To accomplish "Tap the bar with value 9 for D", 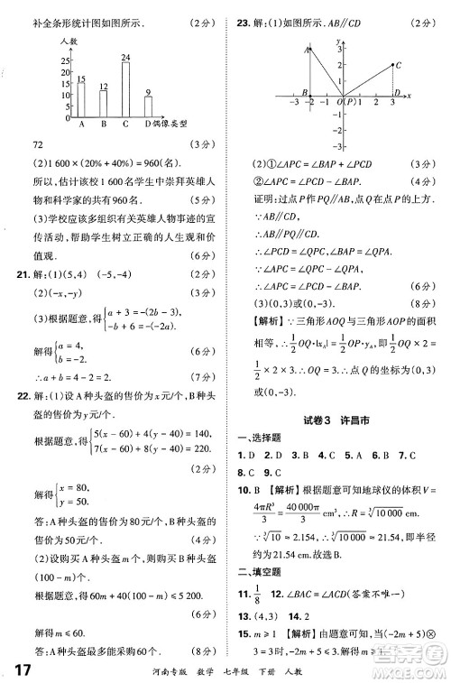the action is (x=147, y=108).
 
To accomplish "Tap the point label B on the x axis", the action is (x=306, y=93).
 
